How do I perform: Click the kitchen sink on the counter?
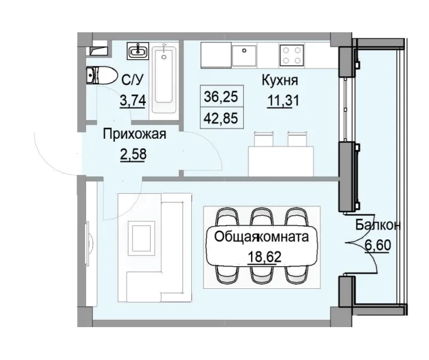[244, 55]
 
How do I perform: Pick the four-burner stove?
[291, 56]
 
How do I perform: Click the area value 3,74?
[132, 100]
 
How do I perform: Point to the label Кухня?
[280, 80]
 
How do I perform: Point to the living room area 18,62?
[262, 257]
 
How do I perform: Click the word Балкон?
[377, 225]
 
